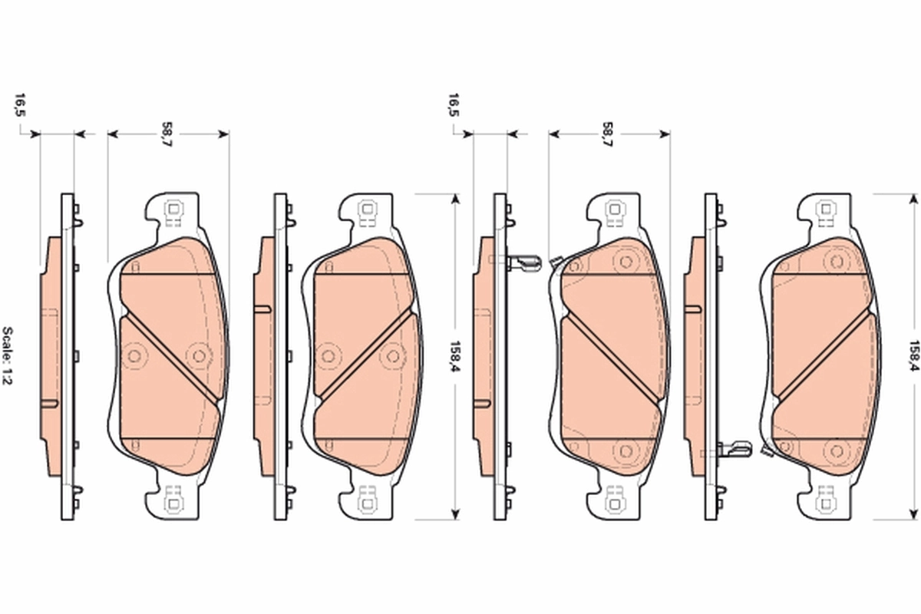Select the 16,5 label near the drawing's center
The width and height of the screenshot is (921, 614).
(x=454, y=105)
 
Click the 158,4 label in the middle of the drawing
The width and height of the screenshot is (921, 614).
(x=454, y=355)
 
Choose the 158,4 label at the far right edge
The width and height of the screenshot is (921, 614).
(x=913, y=355)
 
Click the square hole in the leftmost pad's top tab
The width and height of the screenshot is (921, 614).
(x=173, y=209)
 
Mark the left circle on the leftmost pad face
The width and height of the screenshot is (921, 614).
(x=135, y=355)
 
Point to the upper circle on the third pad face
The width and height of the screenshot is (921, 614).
(x=626, y=262)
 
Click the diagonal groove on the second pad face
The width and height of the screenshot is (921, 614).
(x=367, y=355)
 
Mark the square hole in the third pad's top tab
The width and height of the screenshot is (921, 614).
(x=613, y=209)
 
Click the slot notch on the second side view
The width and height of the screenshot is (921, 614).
(x=262, y=310)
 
